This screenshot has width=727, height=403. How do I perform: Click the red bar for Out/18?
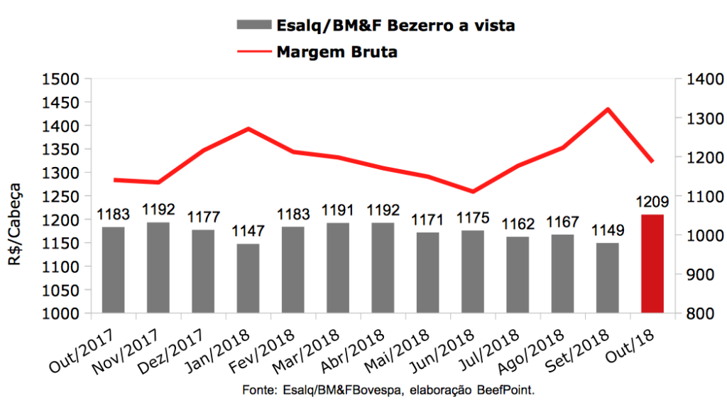(652, 263)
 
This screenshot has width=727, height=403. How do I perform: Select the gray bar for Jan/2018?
(248, 278)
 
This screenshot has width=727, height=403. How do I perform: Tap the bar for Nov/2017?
(158, 267)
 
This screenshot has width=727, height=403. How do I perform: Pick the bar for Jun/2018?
(472, 272)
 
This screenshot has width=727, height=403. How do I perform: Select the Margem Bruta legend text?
(337, 52)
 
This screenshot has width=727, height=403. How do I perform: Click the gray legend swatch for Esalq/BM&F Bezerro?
(253, 26)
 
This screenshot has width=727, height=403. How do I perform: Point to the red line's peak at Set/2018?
(608, 109)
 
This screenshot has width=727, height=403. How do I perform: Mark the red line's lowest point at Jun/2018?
(472, 191)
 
